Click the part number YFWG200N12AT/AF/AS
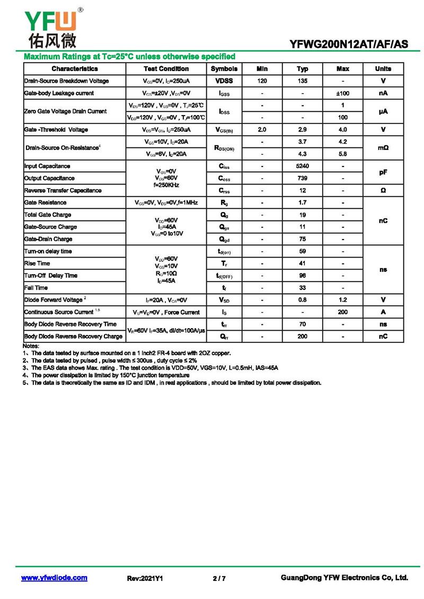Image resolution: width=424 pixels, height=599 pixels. click(x=349, y=45)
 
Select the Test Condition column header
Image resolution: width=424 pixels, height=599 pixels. click(x=166, y=69)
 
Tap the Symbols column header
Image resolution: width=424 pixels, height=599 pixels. click(x=224, y=69)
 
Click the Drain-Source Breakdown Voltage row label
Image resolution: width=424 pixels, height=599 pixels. click(x=67, y=81)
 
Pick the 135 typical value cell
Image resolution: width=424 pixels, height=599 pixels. click(x=302, y=81)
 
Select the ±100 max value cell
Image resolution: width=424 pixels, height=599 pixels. click(x=343, y=93)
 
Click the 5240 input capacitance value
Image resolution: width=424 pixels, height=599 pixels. click(x=302, y=166)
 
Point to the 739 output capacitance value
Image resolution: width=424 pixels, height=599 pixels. click(x=302, y=179)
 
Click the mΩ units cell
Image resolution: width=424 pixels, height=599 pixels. click(x=383, y=148)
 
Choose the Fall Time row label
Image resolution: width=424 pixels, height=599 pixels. click(x=36, y=288)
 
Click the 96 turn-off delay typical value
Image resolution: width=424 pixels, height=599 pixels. click(x=302, y=276)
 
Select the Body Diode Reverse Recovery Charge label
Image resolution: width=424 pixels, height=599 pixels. click(x=73, y=337)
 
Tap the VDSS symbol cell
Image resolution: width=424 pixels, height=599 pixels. click(x=224, y=81)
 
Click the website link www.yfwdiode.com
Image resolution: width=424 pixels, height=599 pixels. click(x=54, y=578)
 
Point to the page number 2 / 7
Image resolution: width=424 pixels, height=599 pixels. click(x=219, y=578)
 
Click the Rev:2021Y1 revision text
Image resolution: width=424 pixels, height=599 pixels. click(x=145, y=578)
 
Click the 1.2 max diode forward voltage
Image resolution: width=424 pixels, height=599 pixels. click(x=343, y=300)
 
